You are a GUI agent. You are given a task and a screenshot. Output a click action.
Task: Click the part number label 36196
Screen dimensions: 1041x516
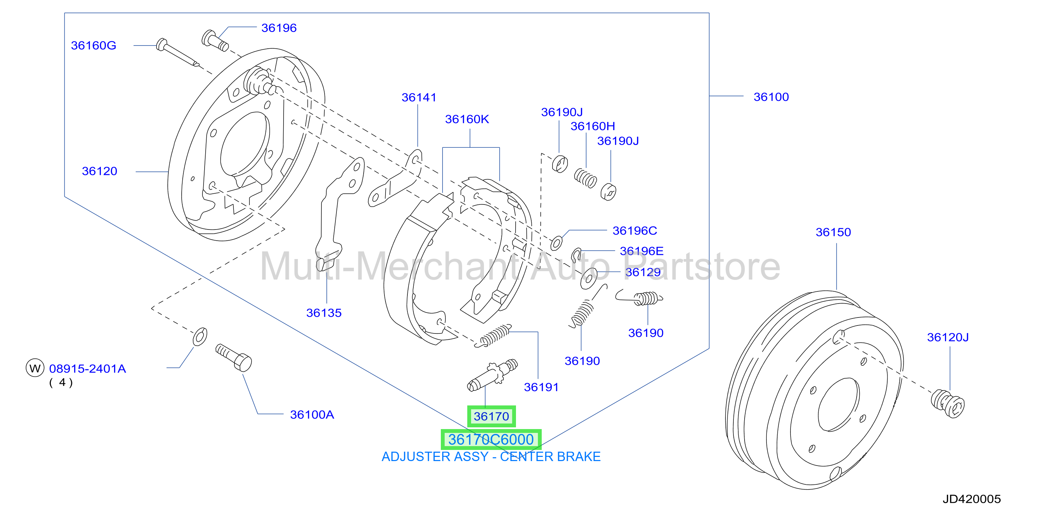279,28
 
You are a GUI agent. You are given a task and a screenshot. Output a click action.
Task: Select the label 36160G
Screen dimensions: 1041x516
93,45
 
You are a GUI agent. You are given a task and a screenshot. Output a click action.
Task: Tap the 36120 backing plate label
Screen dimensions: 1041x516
100,171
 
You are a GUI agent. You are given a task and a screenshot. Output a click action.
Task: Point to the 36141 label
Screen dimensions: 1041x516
419,97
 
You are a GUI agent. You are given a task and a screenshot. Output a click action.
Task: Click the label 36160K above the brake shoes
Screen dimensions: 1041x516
467,119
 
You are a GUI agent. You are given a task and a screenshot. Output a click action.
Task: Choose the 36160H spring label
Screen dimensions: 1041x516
593,126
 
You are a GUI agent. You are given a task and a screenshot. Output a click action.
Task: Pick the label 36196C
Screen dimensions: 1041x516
635,231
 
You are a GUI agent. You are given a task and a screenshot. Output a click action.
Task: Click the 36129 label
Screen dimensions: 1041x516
643,272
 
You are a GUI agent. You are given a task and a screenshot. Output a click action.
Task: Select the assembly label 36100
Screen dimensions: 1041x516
771,97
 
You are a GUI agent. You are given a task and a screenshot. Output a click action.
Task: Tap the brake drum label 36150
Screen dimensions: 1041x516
833,232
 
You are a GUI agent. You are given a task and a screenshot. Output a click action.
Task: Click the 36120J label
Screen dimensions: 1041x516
948,337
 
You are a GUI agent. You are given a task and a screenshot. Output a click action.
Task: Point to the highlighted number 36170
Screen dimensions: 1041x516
491,416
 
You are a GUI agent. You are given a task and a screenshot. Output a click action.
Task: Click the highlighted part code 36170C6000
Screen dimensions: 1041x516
491,439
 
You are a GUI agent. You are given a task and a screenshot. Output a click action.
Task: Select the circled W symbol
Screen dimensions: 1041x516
35,368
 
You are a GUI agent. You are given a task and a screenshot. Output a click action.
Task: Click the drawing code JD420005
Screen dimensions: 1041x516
971,499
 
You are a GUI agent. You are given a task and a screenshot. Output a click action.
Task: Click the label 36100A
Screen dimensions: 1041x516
312,415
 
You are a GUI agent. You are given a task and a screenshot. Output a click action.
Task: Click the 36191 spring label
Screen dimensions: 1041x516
541,387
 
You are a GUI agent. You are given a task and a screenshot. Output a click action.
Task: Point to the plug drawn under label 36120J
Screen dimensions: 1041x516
948,403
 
